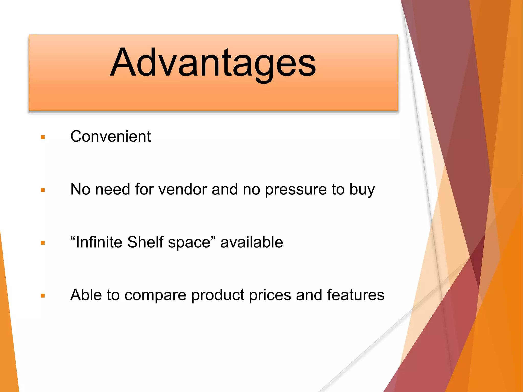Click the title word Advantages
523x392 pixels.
tap(213, 63)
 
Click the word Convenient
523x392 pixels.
tap(110, 137)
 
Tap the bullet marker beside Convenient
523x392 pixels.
tap(43, 137)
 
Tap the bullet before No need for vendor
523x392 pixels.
tap(43, 190)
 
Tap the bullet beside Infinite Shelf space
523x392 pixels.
tap(43, 243)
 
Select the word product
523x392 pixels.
tap(218, 296)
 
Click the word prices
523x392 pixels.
tap(270, 296)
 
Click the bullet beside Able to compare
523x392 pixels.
tap(43, 296)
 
